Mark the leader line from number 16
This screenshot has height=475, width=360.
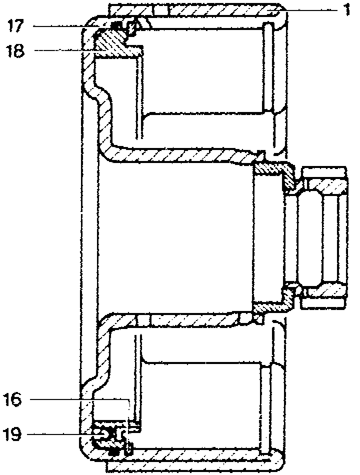(x=80, y=399)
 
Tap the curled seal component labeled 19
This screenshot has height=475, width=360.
(x=107, y=434)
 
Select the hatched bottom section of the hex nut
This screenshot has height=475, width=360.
(x=325, y=290)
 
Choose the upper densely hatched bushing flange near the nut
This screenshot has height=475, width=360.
(x=272, y=170)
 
